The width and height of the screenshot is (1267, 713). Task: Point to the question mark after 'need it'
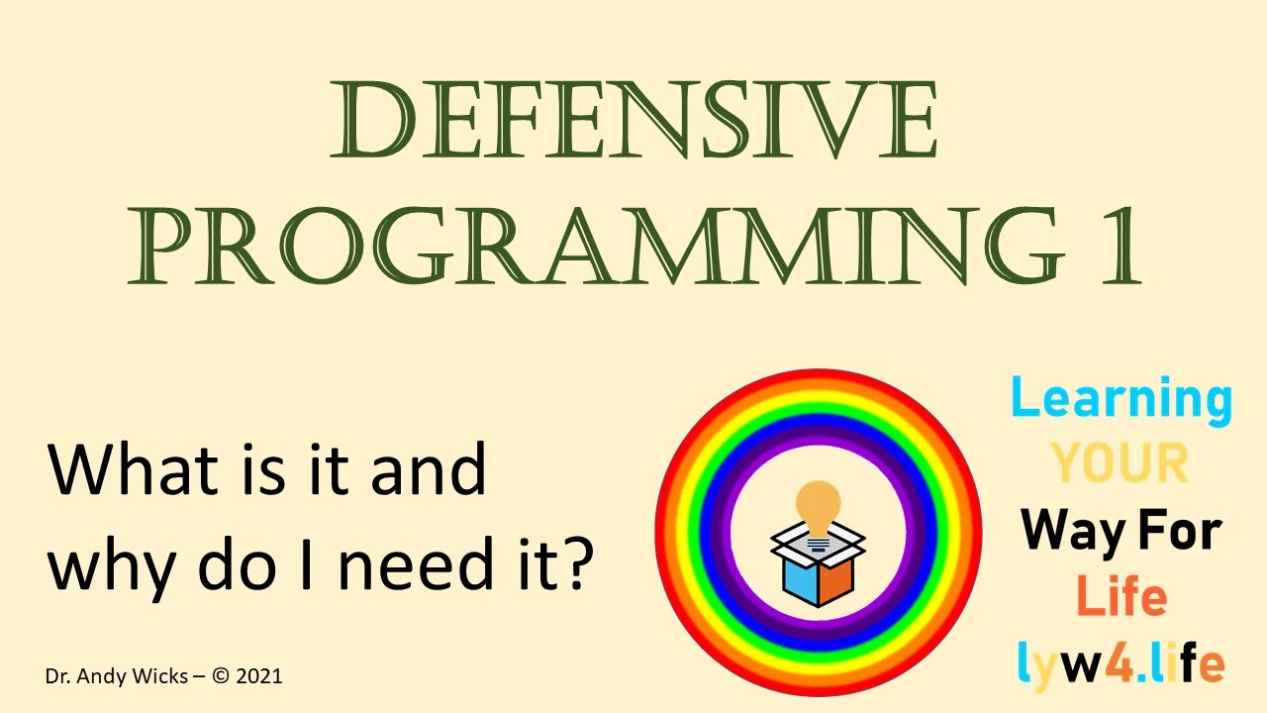(x=577, y=561)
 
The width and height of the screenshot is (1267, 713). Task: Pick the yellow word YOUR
(x=1120, y=463)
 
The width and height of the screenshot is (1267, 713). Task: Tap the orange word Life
(x=1121, y=597)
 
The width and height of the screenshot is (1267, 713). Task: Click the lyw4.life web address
(x=1121, y=662)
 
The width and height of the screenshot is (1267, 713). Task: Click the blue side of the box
(x=799, y=580)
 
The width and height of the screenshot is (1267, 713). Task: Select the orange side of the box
(x=836, y=579)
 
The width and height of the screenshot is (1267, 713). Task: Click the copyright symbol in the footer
(x=221, y=676)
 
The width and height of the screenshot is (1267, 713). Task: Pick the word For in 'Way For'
(x=1182, y=533)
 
